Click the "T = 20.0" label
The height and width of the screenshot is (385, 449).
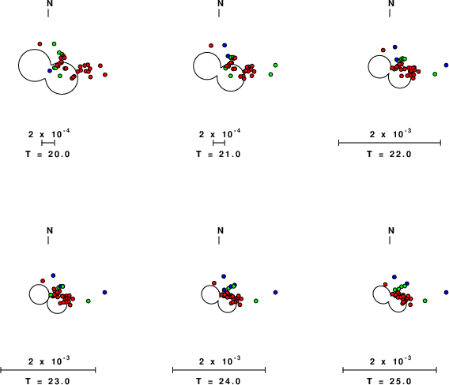pos(47,155)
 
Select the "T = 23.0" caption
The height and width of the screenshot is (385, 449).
pos(47,381)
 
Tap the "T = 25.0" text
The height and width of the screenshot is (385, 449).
pos(390,381)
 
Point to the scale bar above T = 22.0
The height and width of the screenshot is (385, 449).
pos(390,143)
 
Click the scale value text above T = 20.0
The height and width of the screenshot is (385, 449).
pos(49,134)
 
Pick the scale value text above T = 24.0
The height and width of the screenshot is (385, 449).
pos(220,361)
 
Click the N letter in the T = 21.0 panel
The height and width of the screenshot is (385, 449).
pos(221,3)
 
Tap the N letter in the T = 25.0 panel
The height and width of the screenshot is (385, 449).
pos(391,230)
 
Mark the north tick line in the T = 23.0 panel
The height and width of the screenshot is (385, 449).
pos(48,241)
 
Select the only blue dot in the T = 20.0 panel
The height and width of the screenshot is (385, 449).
pos(50,70)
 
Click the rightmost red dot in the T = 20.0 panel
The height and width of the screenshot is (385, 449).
pos(105,75)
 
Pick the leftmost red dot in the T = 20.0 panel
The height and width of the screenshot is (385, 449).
pos(40,43)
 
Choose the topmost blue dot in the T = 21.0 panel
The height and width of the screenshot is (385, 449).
pos(224,45)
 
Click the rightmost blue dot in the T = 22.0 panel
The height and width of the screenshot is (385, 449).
pos(446,65)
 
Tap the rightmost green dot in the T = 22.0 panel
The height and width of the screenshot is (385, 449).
pos(435,74)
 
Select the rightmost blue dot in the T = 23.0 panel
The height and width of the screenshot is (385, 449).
pos(105,293)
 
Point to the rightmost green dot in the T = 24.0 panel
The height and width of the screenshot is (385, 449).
pos(256,301)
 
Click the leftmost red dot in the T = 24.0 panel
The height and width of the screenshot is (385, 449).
pos(214,283)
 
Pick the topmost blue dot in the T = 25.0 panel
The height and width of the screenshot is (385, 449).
pos(394,277)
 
